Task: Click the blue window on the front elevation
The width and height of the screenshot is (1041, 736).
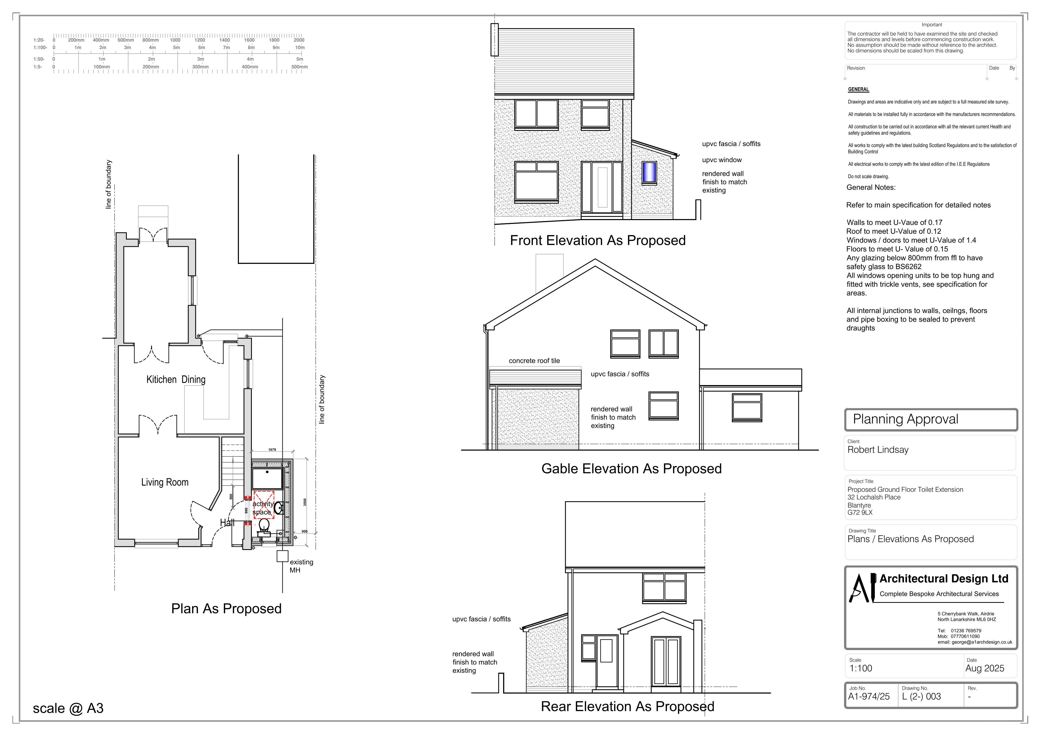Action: point(649,172)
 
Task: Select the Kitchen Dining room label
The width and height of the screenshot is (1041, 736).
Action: point(176,380)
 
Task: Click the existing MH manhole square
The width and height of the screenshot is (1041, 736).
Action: point(282,556)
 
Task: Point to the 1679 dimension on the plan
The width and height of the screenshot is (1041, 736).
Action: point(272,450)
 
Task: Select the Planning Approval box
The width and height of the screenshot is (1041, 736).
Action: point(931,420)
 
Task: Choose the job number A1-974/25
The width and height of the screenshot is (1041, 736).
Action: point(869,697)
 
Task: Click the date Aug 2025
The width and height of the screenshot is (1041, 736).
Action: point(985,668)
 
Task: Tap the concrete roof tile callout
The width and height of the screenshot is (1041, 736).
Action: point(534,361)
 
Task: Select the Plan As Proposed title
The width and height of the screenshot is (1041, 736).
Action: point(226,609)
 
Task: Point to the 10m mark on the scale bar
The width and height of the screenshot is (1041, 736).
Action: point(300,48)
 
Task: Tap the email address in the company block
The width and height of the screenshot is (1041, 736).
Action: point(975,642)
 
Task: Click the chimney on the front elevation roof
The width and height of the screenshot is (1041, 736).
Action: point(494,40)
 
